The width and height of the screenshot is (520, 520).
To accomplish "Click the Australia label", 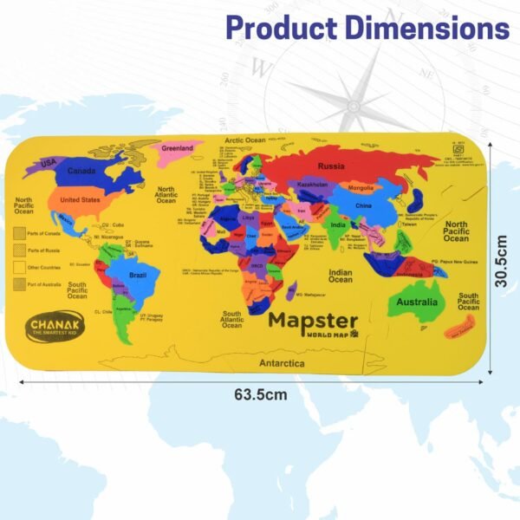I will pyautogui.click(x=416, y=302).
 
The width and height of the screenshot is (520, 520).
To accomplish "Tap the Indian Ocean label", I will pyautogui.click(x=340, y=275).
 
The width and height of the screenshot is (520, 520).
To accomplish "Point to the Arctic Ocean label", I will pyautogui.click(x=245, y=140).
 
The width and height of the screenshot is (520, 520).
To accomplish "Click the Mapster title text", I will pyautogui.click(x=313, y=320).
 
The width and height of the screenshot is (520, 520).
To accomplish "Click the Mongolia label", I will pyautogui.click(x=360, y=187).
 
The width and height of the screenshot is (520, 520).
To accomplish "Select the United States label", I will pyautogui.click(x=80, y=199).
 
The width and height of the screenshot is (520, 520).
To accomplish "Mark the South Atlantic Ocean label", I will pyautogui.click(x=231, y=319).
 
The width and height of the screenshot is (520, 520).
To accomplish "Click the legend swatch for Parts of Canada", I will pyautogui.click(x=19, y=232).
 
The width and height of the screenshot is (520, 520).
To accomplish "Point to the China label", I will pyautogui.click(x=363, y=205).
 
